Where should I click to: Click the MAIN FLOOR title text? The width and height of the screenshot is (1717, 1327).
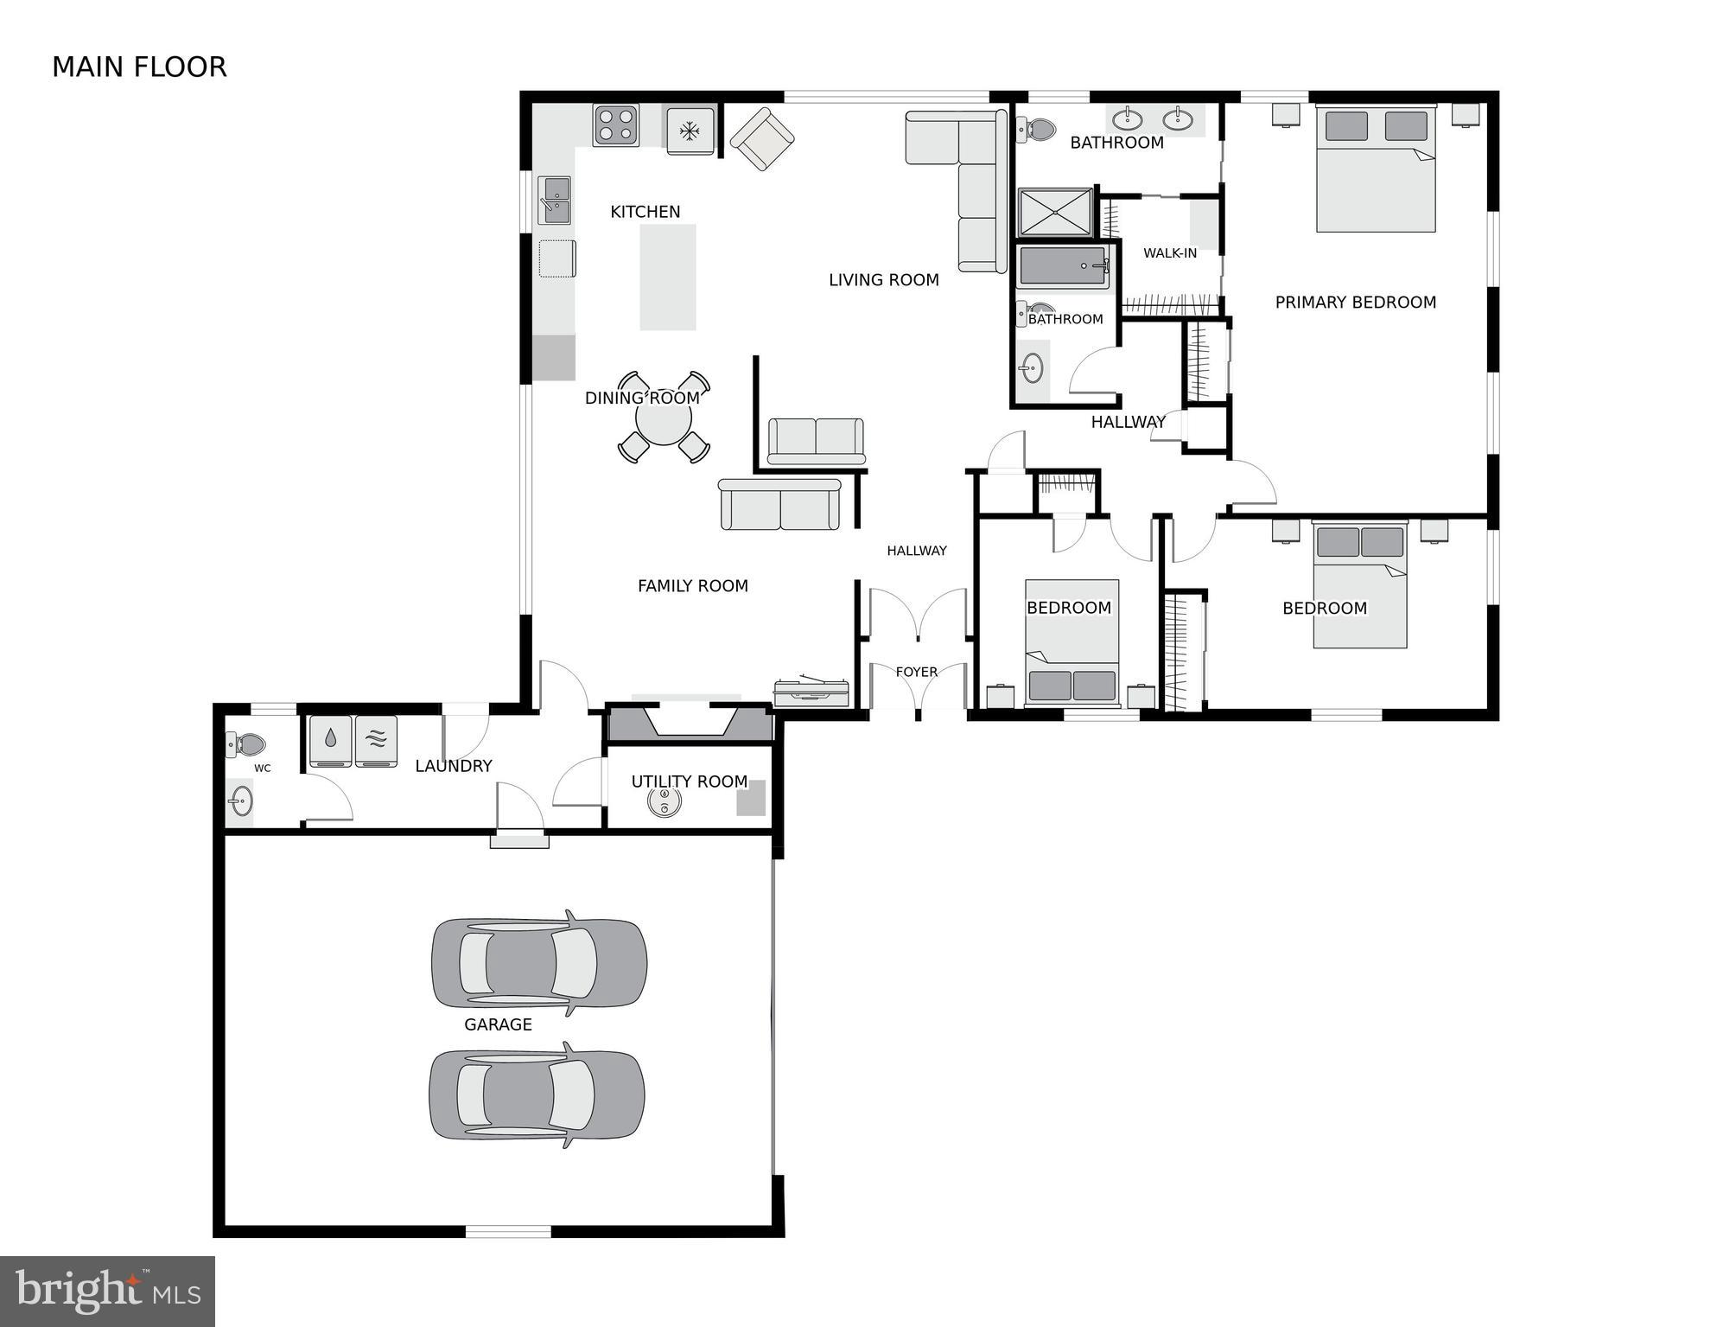(x=139, y=67)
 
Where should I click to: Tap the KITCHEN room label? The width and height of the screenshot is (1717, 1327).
(x=645, y=212)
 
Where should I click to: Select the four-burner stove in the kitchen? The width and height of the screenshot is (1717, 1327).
(x=615, y=125)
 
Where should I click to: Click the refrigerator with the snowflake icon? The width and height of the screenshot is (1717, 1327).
(x=690, y=131)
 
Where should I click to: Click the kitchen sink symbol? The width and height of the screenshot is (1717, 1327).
(x=555, y=200)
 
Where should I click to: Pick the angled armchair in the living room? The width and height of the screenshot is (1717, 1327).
(x=761, y=138)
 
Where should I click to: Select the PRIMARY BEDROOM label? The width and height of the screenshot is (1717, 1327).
(x=1355, y=303)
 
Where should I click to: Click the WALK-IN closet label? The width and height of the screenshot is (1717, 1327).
(x=1170, y=253)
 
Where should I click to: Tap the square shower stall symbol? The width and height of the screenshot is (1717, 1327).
(x=1055, y=213)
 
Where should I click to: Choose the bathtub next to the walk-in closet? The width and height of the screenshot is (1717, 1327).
(x=1064, y=266)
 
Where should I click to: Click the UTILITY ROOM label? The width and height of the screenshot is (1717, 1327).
(x=689, y=782)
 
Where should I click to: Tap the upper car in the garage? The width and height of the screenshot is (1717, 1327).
(x=538, y=962)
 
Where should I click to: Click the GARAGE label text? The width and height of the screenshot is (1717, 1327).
(x=498, y=1024)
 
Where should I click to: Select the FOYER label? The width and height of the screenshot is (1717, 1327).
(x=916, y=672)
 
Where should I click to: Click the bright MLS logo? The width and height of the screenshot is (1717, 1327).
(x=107, y=1291)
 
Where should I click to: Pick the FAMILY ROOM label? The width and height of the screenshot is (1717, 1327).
(x=692, y=586)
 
